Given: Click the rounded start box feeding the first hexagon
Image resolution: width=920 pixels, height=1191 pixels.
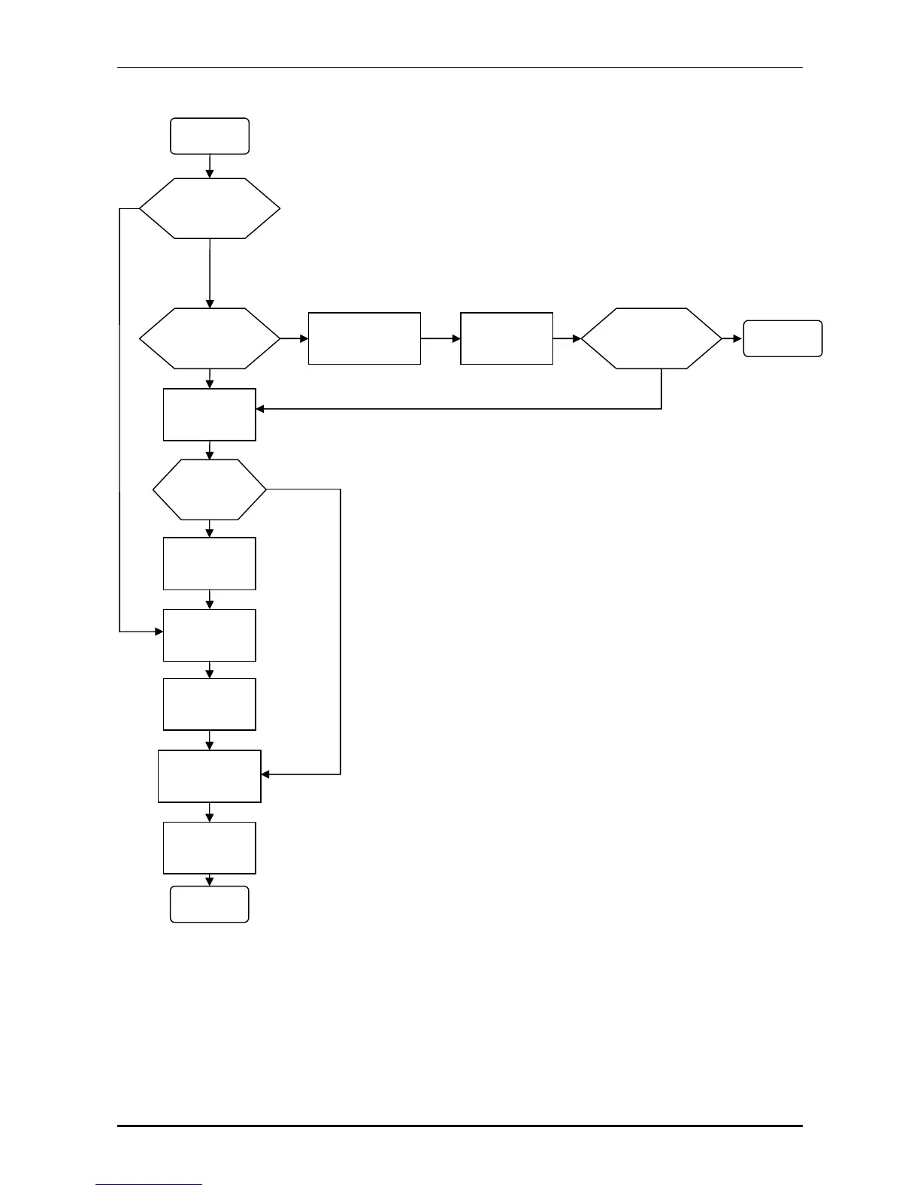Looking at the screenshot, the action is tap(210, 136).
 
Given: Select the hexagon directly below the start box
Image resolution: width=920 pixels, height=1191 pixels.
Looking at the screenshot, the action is tap(210, 208).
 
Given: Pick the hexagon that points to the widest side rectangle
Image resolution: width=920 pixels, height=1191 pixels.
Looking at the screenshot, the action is tap(210, 338).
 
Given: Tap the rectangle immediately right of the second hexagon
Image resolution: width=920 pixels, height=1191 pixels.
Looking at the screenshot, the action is tap(364, 338).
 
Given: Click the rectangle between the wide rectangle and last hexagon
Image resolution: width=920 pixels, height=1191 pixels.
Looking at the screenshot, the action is tap(507, 338).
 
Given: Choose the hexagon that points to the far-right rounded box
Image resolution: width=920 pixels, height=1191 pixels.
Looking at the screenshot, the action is tap(651, 338).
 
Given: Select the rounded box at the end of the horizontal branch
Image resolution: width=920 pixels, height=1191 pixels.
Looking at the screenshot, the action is tap(782, 338).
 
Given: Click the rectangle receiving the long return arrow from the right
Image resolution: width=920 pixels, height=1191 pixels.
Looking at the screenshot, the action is tap(210, 414).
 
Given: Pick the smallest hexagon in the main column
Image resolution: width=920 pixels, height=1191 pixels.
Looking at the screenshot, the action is tap(210, 489).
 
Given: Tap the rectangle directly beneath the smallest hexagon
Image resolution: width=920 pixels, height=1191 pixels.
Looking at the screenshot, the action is tap(210, 563).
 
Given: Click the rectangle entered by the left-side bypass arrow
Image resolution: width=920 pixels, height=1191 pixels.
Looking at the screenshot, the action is tap(210, 635).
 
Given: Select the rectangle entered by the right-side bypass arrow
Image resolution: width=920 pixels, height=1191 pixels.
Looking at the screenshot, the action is tap(210, 776).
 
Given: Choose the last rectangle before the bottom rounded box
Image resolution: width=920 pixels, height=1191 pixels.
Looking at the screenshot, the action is tap(210, 847).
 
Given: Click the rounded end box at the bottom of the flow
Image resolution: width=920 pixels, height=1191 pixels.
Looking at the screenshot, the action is tap(210, 904).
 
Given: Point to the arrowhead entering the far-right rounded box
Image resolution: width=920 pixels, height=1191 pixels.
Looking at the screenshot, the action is tap(737, 339).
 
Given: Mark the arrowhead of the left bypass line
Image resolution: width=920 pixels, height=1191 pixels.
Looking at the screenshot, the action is tap(159, 632).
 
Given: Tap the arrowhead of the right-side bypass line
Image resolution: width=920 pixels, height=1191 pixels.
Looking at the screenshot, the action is tap(265, 774).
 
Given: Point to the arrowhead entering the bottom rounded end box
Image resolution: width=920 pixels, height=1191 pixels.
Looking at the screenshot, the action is tap(210, 882).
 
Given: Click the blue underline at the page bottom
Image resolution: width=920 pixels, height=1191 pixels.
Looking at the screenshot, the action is tap(149, 1185).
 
